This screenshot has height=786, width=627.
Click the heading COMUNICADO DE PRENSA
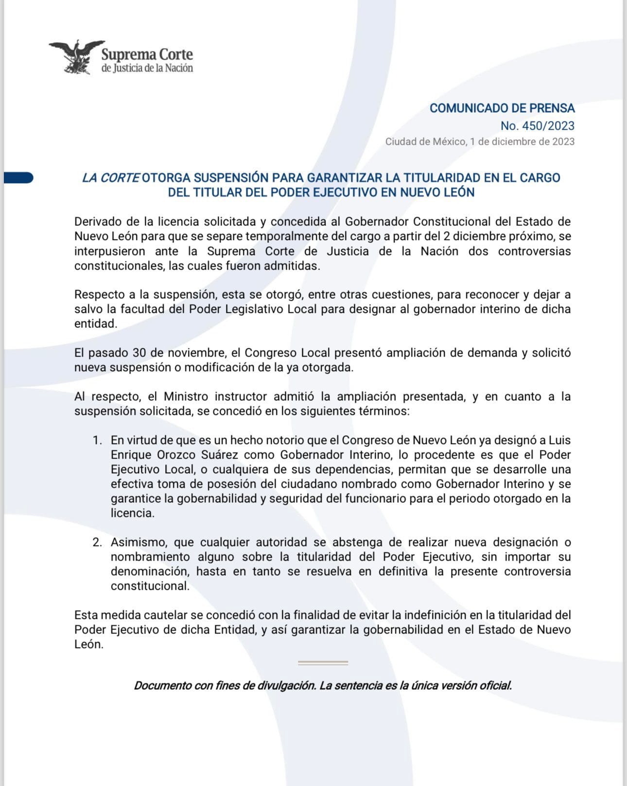point(502,108)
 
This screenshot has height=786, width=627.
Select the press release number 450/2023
point(538,126)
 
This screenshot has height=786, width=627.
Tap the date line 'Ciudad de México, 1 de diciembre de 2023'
point(480,141)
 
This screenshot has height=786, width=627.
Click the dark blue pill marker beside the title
point(18,178)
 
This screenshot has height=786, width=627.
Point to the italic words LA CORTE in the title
point(111,178)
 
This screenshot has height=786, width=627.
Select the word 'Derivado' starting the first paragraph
point(98,222)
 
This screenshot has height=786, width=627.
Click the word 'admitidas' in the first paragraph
point(296,266)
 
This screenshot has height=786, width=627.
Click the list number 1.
point(97,440)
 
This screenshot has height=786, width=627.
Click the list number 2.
point(97,542)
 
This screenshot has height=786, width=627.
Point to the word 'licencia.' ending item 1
point(132,513)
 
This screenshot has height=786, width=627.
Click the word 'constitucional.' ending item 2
point(150,586)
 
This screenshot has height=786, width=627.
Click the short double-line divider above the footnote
point(323,663)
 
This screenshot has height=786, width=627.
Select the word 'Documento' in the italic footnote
point(162,685)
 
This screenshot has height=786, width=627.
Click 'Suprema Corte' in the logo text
point(147,54)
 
